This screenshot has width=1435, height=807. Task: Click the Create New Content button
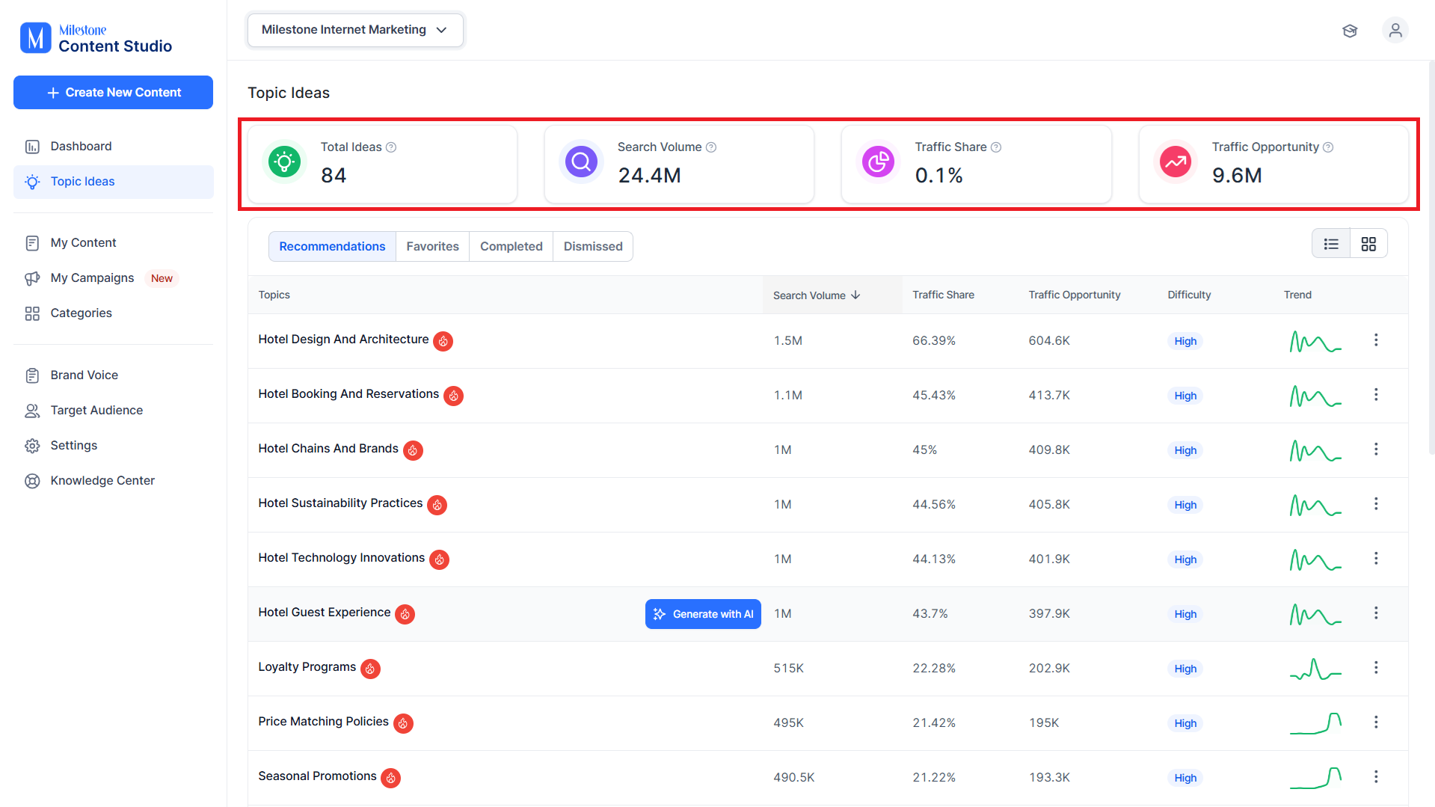click(113, 92)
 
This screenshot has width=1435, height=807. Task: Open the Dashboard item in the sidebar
click(81, 146)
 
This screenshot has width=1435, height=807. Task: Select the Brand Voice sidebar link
click(84, 375)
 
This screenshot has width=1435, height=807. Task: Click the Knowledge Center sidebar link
click(102, 480)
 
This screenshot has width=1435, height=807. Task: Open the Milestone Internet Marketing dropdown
click(355, 30)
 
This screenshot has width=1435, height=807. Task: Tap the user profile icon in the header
click(1395, 31)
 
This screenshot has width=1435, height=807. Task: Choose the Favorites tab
click(432, 246)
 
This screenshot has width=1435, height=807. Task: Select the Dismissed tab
click(593, 246)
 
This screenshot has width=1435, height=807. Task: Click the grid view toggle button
click(1368, 244)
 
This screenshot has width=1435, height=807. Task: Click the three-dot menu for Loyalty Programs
click(1376, 667)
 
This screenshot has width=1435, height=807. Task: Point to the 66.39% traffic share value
click(934, 340)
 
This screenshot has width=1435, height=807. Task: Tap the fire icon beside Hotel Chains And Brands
click(413, 450)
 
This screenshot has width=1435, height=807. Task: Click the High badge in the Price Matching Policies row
click(1185, 723)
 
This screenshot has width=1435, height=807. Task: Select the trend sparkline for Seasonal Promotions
click(1315, 778)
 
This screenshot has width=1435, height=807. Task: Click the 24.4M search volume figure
click(649, 175)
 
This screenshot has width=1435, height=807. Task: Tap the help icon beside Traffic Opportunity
click(1328, 147)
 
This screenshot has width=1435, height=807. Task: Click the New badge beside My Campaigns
click(162, 278)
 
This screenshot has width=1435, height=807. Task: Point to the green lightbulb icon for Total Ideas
click(284, 162)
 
